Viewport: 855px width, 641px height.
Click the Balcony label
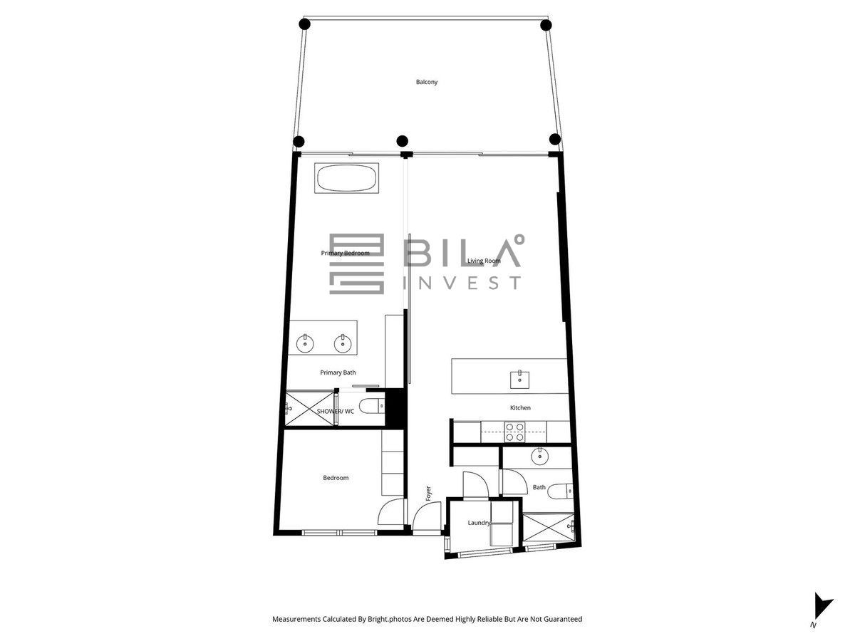click(x=427, y=82)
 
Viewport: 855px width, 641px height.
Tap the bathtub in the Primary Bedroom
click(x=346, y=178)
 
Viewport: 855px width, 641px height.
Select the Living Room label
click(x=484, y=261)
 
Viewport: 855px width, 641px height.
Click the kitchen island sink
click(x=519, y=380)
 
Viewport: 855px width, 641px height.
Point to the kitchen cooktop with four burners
click(x=514, y=432)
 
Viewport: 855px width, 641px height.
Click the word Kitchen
click(x=520, y=407)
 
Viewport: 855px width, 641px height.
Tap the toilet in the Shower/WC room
click(x=372, y=406)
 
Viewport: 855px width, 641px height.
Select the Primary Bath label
click(x=338, y=372)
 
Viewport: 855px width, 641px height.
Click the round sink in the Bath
click(x=539, y=456)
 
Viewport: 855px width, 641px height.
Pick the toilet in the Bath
click(x=560, y=491)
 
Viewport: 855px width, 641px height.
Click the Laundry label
click(x=479, y=523)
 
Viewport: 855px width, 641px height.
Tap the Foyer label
click(x=428, y=493)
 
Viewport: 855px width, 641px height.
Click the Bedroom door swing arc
click(x=385, y=505)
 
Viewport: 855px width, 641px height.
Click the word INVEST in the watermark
click(x=462, y=283)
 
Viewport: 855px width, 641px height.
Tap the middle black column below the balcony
click(x=402, y=140)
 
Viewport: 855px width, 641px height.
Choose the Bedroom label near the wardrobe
click(x=336, y=477)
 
